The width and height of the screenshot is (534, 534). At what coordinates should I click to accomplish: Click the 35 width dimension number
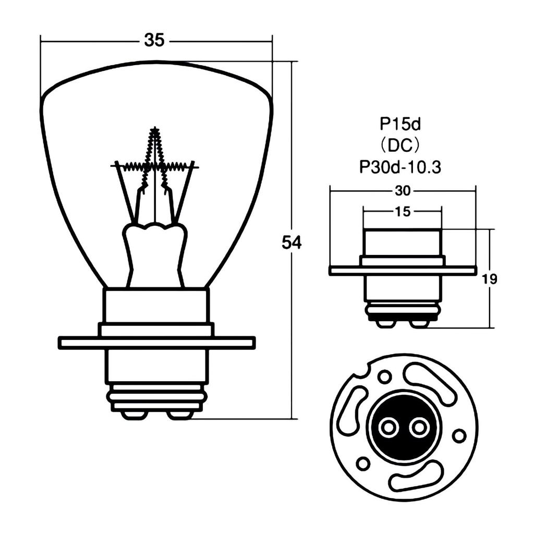tap(154, 40)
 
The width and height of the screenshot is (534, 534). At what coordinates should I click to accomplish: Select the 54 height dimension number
tap(292, 242)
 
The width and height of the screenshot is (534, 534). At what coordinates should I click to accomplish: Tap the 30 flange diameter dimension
tap(402, 191)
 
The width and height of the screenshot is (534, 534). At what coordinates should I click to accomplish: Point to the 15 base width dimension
tap(403, 211)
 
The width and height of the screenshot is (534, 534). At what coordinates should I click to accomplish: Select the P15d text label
tap(400, 124)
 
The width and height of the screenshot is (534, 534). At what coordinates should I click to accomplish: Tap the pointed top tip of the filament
tap(154, 129)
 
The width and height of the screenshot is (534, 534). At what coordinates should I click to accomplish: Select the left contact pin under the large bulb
tap(134, 415)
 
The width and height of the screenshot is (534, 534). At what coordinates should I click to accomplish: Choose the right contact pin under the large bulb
tap(180, 415)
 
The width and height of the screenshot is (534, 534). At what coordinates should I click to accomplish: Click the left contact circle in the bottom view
tap(389, 428)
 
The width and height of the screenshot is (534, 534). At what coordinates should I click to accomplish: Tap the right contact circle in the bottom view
tap(419, 428)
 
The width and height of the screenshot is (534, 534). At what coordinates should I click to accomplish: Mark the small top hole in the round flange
tap(385, 376)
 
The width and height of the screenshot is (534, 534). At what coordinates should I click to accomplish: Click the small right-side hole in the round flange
tap(459, 435)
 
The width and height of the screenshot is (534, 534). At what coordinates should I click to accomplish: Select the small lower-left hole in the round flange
tap(363, 463)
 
